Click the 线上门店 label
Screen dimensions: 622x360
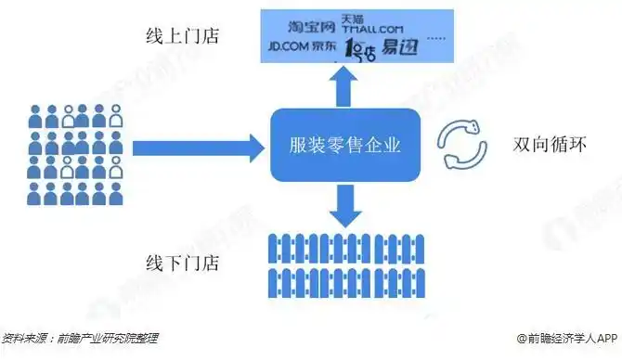pos(181,38)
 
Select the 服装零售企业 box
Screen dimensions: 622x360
pos(344,146)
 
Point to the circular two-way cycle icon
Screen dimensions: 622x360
pos(461,145)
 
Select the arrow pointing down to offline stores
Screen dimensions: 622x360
pos(344,204)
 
